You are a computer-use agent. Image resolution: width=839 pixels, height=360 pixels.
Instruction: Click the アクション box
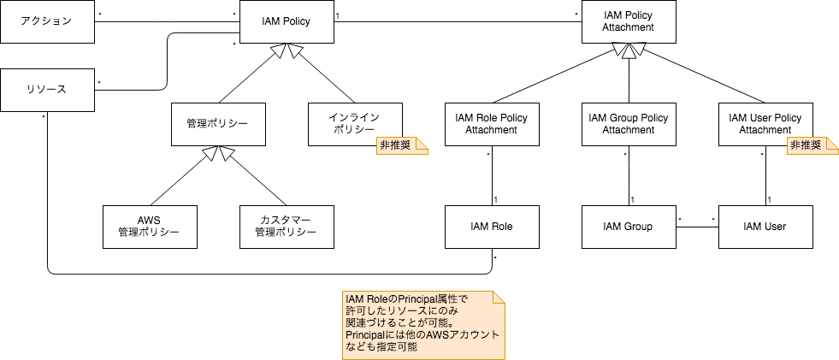[47, 21]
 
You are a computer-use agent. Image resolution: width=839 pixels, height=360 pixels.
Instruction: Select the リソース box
[47, 89]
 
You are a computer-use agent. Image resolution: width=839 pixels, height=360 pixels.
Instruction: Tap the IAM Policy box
[287, 21]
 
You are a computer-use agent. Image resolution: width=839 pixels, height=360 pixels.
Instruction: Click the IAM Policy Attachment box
[629, 21]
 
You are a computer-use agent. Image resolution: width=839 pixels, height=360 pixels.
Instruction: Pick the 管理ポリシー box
[218, 124]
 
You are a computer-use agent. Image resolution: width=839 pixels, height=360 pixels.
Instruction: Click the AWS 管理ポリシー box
[149, 226]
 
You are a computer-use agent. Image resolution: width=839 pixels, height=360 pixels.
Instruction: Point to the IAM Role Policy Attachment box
[492, 124]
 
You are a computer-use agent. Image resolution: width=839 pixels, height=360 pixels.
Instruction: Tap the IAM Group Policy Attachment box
[629, 124]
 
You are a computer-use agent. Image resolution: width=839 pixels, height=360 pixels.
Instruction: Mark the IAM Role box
[492, 227]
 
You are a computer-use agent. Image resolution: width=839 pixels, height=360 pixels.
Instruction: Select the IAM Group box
[629, 227]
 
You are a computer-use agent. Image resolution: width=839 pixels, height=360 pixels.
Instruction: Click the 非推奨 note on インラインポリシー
[401, 146]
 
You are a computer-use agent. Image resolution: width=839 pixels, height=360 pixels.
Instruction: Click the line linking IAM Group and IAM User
[697, 227]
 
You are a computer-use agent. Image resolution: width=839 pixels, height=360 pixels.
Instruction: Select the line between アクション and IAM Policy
[167, 21]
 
